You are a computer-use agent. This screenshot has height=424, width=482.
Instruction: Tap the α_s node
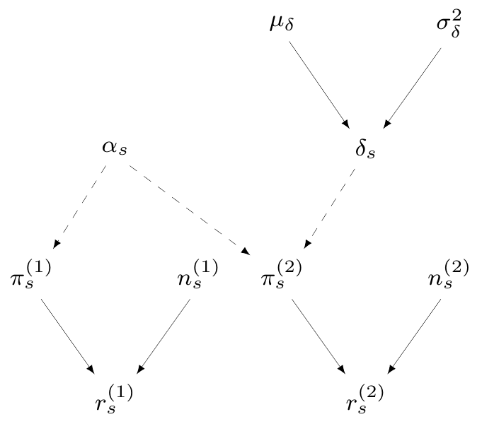(x=114, y=149)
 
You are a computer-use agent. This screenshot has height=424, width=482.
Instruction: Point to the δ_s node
(x=365, y=149)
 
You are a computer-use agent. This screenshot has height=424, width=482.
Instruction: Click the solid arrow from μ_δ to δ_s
(x=319, y=84)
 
